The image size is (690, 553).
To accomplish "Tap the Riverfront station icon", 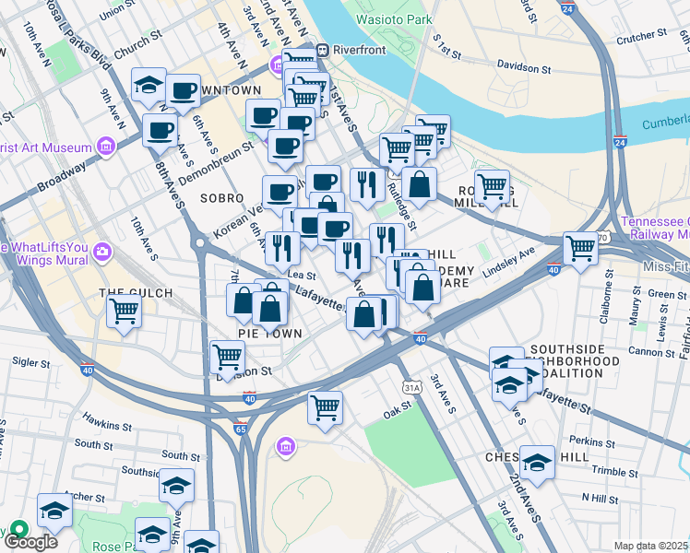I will pyautogui.click(x=323, y=51).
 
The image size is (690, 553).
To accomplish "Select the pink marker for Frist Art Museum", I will pyautogui.click(x=106, y=147).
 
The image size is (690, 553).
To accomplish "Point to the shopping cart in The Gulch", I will pyautogui.click(x=124, y=312).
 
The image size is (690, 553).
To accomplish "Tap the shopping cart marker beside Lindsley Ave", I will pyautogui.click(x=580, y=248).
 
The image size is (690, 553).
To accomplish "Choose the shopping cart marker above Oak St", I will pyautogui.click(x=325, y=406).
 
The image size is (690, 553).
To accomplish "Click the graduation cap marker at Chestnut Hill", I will pyautogui.click(x=537, y=461).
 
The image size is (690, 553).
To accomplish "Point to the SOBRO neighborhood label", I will pyautogui.click(x=221, y=198).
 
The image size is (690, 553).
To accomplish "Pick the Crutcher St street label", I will pyautogui.click(x=642, y=36).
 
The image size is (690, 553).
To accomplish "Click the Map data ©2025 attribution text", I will pyautogui.click(x=650, y=546).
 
